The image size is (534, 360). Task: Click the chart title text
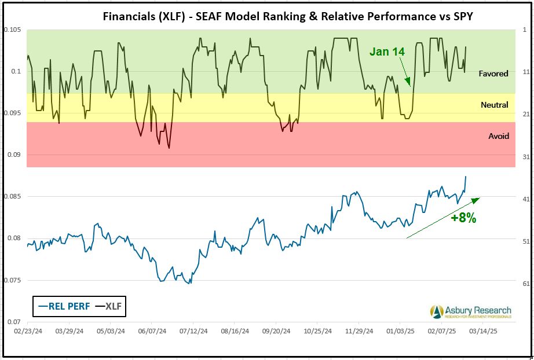click(287, 16)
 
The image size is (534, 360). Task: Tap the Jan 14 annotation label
click(387, 52)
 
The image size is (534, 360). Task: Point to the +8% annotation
click(464, 218)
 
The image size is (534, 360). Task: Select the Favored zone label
click(493, 74)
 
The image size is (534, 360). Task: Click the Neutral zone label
click(494, 105)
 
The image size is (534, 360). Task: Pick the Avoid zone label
click(499, 136)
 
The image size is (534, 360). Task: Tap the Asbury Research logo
click(470, 311)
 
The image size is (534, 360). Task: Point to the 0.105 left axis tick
click(12, 30)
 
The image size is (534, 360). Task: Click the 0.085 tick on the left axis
click(12, 197)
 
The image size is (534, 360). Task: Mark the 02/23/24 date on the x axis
click(28, 333)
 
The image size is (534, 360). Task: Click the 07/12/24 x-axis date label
click(194, 333)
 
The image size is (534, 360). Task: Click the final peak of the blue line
click(466, 177)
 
